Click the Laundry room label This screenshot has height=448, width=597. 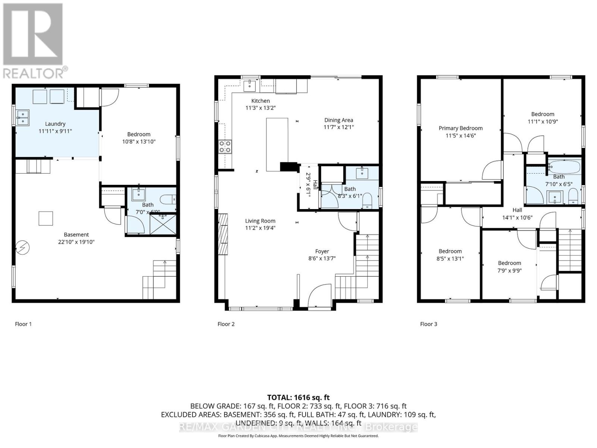coord(55,124)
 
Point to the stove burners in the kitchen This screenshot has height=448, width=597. coord(225,146)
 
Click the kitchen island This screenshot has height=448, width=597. coord(277,144)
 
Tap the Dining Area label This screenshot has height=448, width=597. coord(338,120)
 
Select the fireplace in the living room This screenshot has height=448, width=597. coord(223,234)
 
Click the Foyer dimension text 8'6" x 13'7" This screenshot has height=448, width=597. coord(322,258)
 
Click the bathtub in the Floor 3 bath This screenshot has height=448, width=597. coord(564,166)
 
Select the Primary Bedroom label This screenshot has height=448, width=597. coord(460,128)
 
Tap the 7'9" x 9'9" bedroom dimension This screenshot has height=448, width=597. coord(509,270)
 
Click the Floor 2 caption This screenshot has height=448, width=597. coord(226,324)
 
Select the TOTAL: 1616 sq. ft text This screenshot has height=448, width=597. coord(298,398)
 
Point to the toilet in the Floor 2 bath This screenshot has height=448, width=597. coord(367,200)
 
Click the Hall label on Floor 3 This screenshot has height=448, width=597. coord(517,210)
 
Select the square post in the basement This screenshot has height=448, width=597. coord(46,218)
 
